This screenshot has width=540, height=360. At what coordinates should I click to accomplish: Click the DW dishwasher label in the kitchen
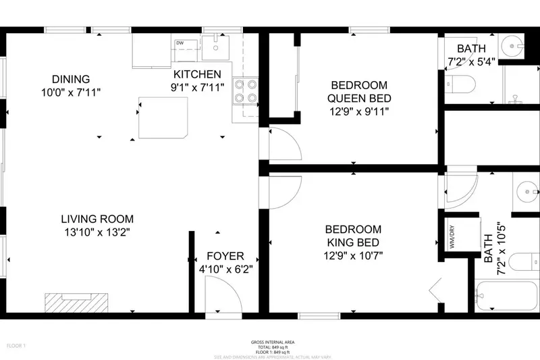[x=180, y=43]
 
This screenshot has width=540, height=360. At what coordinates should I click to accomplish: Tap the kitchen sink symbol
[x=216, y=47]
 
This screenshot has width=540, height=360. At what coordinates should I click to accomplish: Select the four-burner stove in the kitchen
[x=246, y=91]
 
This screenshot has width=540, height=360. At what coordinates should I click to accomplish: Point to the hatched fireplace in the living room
[x=76, y=302]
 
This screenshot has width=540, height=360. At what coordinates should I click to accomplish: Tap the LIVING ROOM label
[x=97, y=219]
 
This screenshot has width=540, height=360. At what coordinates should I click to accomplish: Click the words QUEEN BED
[x=358, y=98]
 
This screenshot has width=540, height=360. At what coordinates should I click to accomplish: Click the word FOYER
[x=225, y=257]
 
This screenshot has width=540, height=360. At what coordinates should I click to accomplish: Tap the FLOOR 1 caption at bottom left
[x=16, y=346]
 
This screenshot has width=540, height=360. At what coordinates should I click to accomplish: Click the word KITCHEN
[x=197, y=74]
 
